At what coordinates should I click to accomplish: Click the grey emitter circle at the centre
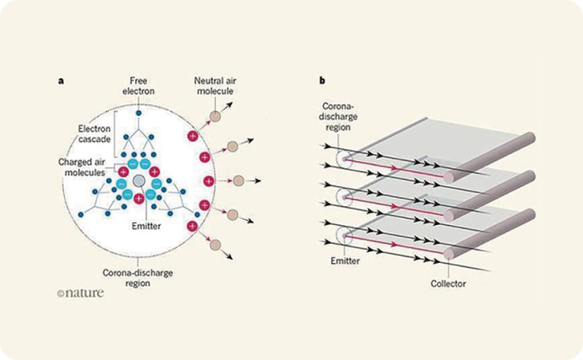(x=138, y=183)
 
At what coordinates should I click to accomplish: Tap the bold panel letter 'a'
(x=60, y=81)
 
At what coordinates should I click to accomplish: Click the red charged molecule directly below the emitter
(x=138, y=199)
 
